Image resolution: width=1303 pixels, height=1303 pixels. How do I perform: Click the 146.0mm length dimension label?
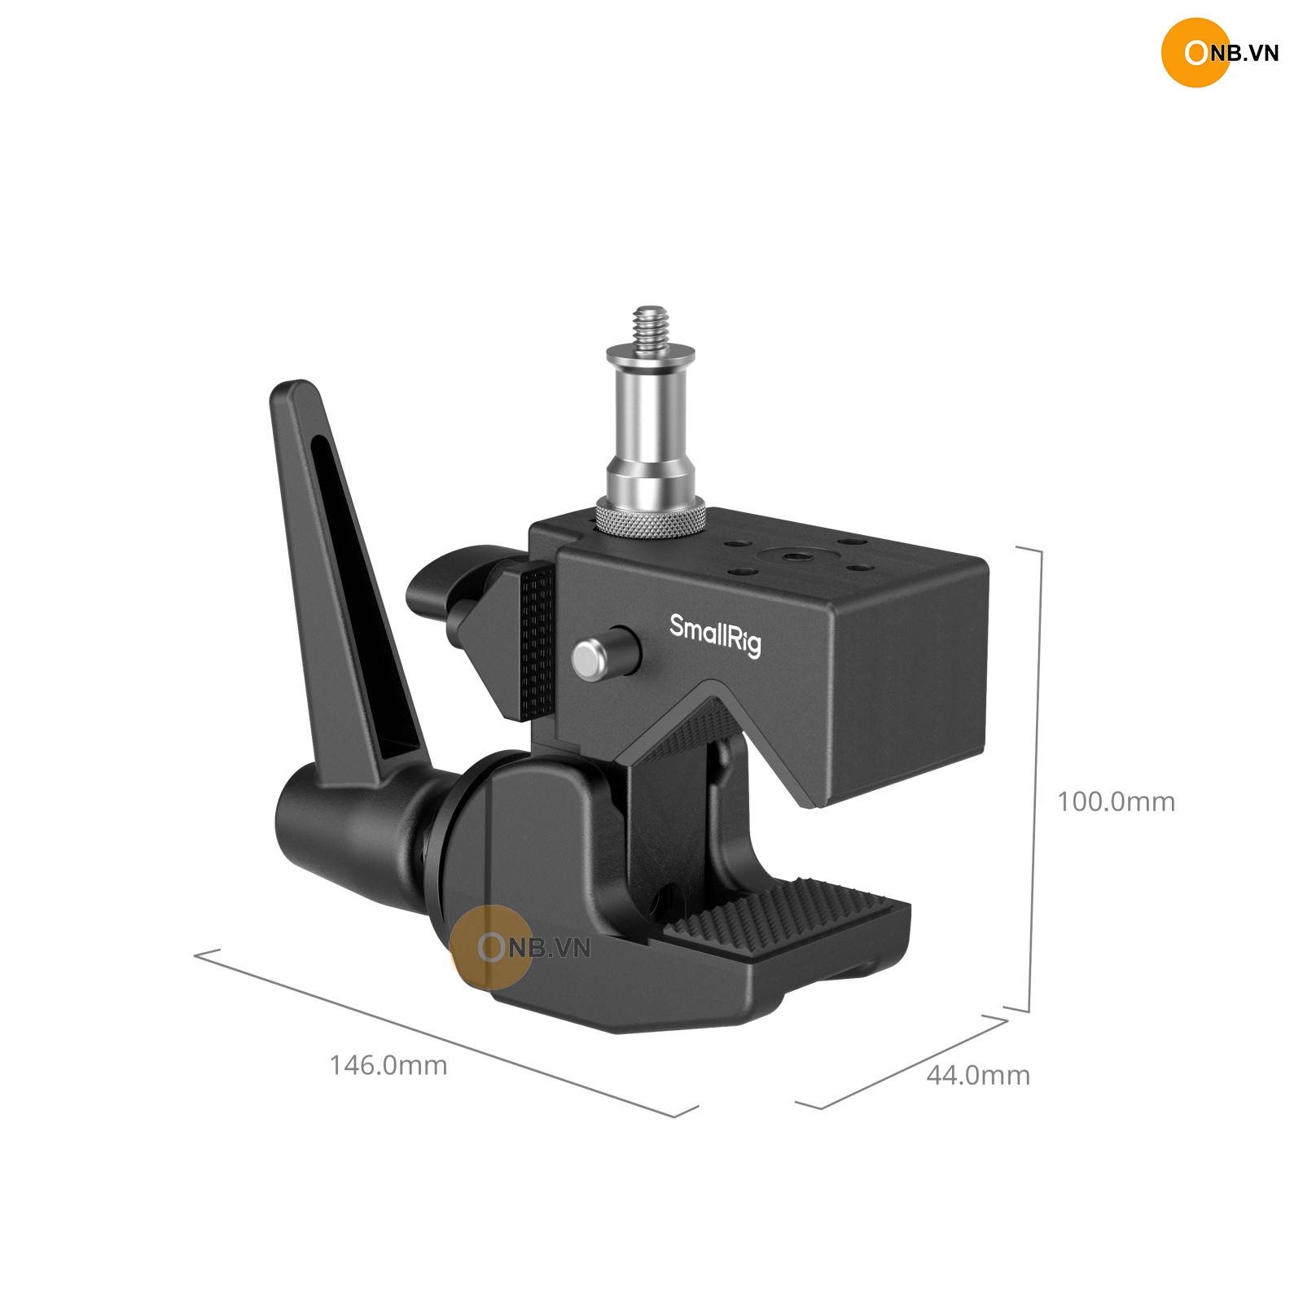point(388,1064)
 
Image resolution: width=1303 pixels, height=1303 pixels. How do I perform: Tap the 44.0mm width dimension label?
point(978,1075)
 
